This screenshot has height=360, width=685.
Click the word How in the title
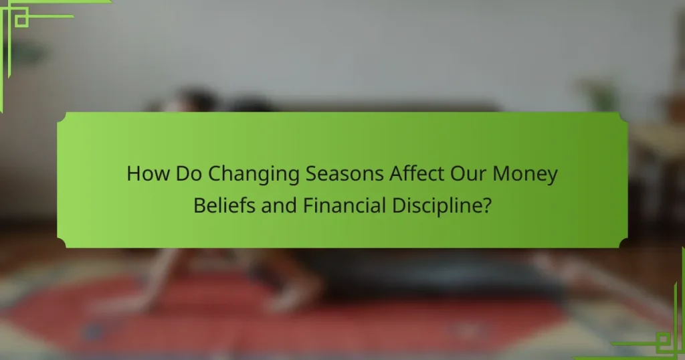click(148, 173)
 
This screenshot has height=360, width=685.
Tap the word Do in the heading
click(189, 173)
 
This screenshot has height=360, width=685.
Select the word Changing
click(254, 175)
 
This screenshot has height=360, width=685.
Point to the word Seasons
click(345, 173)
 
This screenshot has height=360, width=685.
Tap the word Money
click(525, 175)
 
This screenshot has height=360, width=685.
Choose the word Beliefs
click(224, 205)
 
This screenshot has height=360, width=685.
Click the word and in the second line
click(279, 205)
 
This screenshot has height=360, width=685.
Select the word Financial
click(345, 205)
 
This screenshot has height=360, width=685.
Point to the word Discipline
click(437, 206)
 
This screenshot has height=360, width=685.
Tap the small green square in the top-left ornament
click(21, 20)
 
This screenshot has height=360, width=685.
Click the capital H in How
click(133, 173)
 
